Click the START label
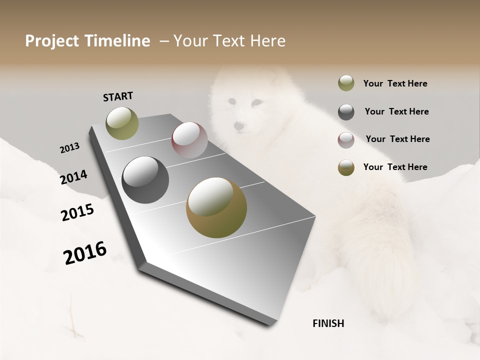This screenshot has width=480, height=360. point(118,96)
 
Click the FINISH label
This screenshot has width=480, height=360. point(328,323)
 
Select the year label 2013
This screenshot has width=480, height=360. point(69,148)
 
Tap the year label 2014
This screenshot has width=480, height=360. point(73,177)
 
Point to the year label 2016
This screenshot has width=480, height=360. point(85,253)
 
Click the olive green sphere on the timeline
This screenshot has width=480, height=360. point(122,123)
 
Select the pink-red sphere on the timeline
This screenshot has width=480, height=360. point(189,140)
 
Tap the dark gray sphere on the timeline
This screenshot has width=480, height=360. point(145,180)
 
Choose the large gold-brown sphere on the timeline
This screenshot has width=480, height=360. point(216,207)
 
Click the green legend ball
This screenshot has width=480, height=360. point(346,83)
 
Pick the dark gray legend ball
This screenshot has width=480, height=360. point(346,112)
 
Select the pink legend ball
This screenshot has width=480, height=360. point(346,140)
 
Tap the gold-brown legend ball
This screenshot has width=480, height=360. point(346,167)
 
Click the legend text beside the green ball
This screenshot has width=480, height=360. point(395,84)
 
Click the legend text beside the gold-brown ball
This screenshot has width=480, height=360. point(395,167)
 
